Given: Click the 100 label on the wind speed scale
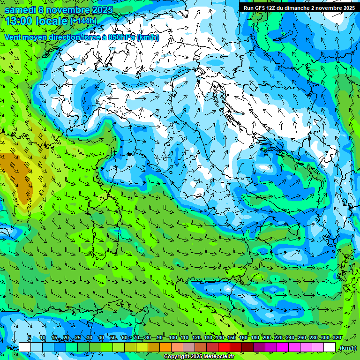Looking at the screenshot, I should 173,337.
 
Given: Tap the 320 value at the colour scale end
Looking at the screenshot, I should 337,337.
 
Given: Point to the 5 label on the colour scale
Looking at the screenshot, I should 30,337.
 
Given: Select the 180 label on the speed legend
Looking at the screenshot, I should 255,337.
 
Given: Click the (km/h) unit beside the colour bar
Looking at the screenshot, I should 347,348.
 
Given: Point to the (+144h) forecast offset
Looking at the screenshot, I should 83,21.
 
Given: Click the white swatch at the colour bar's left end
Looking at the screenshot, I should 25,347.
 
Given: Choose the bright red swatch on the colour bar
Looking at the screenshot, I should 225,347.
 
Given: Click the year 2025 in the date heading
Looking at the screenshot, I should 102,10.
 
